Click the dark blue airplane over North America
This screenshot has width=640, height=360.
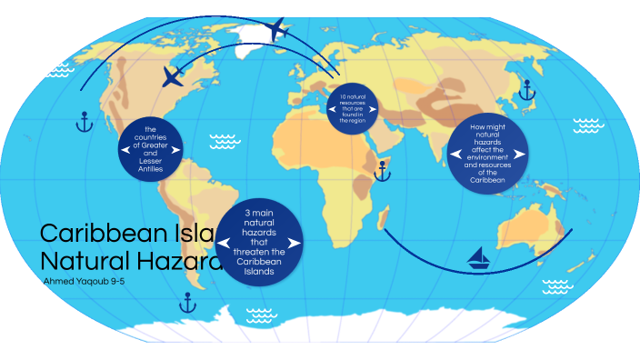172,76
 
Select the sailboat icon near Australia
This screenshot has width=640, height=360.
479,260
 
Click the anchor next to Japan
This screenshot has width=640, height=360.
525,90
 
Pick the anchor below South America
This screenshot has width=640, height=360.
191,301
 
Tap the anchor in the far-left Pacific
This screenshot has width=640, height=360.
85,121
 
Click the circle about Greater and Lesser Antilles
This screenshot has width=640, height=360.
151,149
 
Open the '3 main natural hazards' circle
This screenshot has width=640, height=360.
259,241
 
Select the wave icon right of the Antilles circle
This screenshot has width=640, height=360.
223,142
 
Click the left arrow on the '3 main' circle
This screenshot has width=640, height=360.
222,241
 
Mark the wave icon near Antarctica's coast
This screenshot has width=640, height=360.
260,315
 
